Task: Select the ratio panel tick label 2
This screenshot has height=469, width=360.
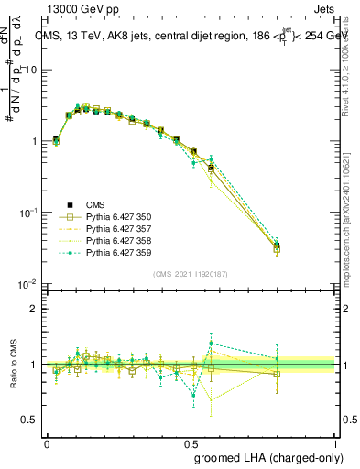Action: [x=31, y=308]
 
